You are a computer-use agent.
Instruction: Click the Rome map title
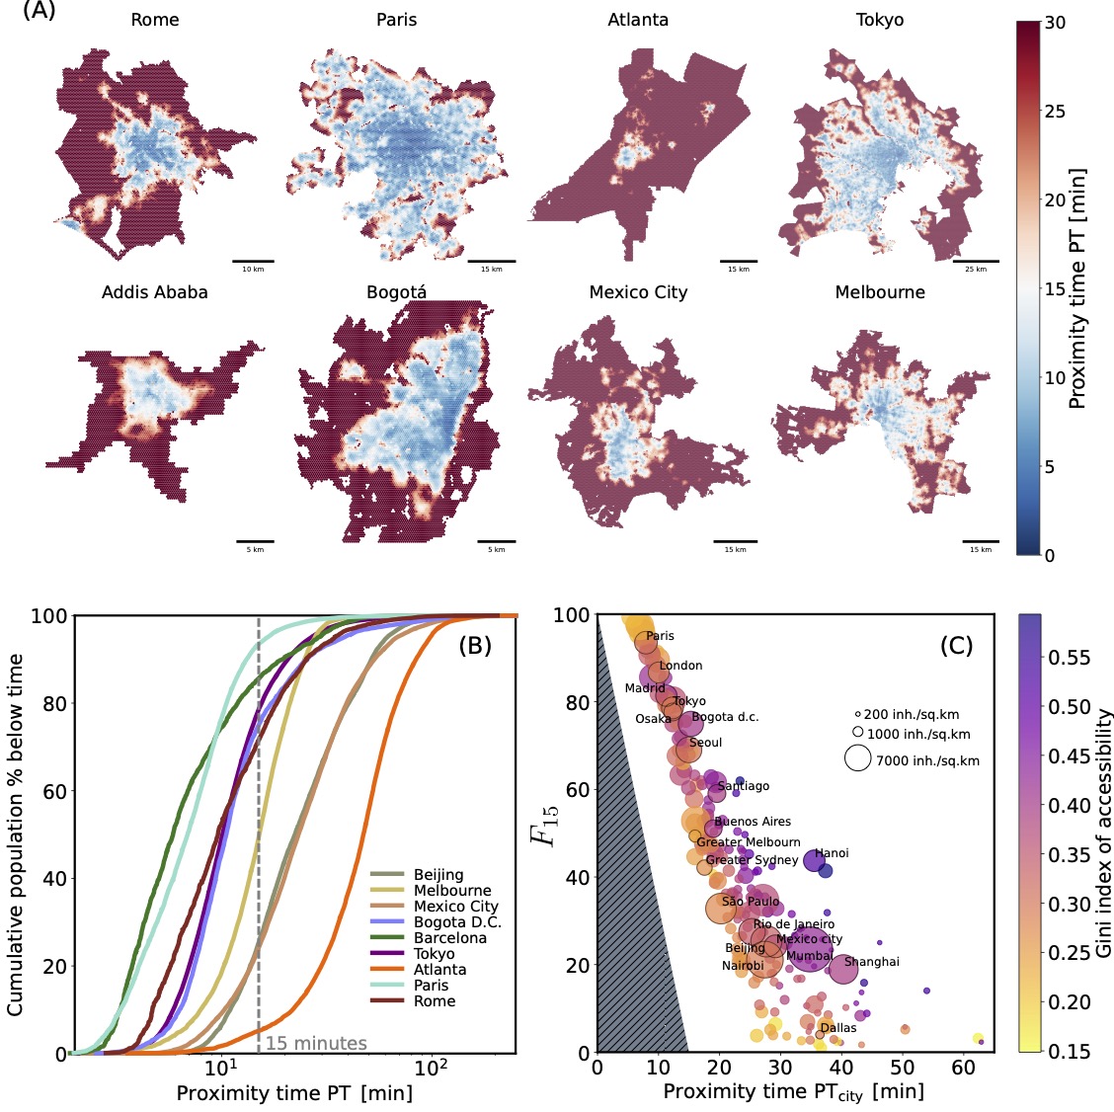pyautogui.click(x=155, y=20)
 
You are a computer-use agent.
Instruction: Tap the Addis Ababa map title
pyautogui.click(x=155, y=292)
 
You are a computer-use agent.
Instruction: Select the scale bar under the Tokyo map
pyautogui.click(x=977, y=262)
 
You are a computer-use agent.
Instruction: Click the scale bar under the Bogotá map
pyautogui.click(x=497, y=542)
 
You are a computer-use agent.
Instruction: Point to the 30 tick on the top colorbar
pyautogui.click(x=1055, y=22)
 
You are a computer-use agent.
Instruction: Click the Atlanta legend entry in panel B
pyautogui.click(x=439, y=970)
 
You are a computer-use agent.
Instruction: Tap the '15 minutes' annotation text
pyautogui.click(x=316, y=1043)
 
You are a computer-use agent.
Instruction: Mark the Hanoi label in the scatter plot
pyautogui.click(x=832, y=853)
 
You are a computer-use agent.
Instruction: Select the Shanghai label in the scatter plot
pyautogui.click(x=872, y=962)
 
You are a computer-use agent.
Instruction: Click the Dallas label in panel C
pyautogui.click(x=838, y=1028)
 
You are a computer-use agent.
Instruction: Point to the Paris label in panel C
pyautogui.click(x=660, y=636)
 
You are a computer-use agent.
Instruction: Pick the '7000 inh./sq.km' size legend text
pyautogui.click(x=927, y=760)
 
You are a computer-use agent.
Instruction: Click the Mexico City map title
pyautogui.click(x=638, y=292)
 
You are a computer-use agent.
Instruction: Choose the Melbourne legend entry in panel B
pyautogui.click(x=451, y=891)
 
